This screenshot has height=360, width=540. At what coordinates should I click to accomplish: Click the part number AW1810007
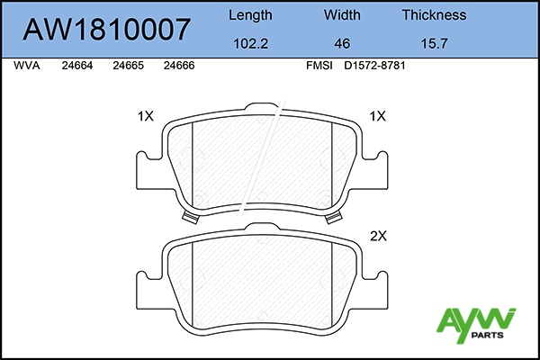(107, 30)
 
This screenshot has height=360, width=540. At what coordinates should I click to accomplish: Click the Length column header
(250, 15)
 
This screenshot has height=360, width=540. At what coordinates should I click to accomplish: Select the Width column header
(342, 14)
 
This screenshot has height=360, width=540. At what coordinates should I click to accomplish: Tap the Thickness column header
(435, 14)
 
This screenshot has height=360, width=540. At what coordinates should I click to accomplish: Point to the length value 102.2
(251, 43)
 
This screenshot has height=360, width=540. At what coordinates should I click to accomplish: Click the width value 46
(342, 43)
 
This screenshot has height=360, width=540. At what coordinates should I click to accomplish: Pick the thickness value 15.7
(435, 43)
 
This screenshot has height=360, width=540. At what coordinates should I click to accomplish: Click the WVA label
(27, 66)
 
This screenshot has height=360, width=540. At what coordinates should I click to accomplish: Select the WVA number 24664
(77, 66)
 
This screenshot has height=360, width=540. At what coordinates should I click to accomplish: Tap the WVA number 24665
(128, 66)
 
